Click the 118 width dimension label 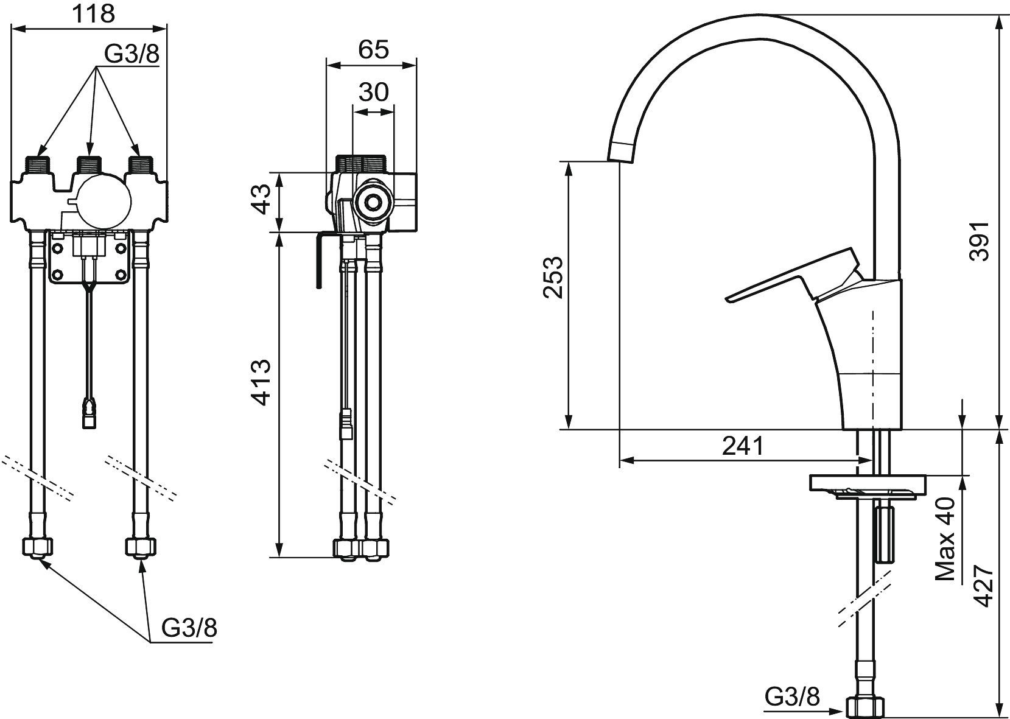coord(94,14)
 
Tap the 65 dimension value coord(373,49)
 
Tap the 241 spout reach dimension coord(743,446)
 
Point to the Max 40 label coord(945,539)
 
